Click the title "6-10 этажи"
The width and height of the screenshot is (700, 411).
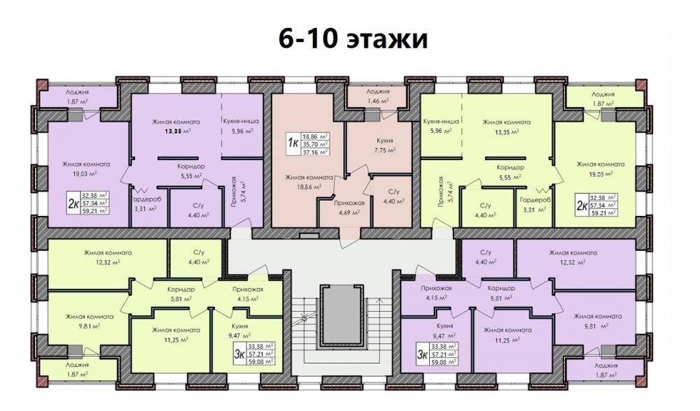click(x=353, y=38)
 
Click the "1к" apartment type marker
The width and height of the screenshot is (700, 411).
click(x=293, y=143)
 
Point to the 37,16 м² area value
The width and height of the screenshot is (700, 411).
click(x=315, y=152)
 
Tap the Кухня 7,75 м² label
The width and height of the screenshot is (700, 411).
click(x=384, y=145)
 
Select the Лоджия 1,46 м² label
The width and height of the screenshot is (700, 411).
click(x=378, y=96)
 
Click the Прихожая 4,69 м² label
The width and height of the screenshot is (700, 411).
click(x=349, y=208)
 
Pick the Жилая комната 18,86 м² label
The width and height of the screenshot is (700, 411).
click(x=309, y=182)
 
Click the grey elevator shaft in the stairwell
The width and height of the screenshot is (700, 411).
click(x=342, y=316)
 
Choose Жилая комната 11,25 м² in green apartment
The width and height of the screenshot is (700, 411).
click(x=176, y=334)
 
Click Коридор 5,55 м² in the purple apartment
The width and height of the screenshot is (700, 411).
click(x=191, y=171)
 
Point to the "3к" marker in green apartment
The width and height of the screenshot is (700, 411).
click(x=239, y=354)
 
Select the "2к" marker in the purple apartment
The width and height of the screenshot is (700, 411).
click(x=73, y=204)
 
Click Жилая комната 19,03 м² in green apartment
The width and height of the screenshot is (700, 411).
click(x=601, y=169)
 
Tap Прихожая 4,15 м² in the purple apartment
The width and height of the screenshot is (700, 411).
click(x=436, y=292)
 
